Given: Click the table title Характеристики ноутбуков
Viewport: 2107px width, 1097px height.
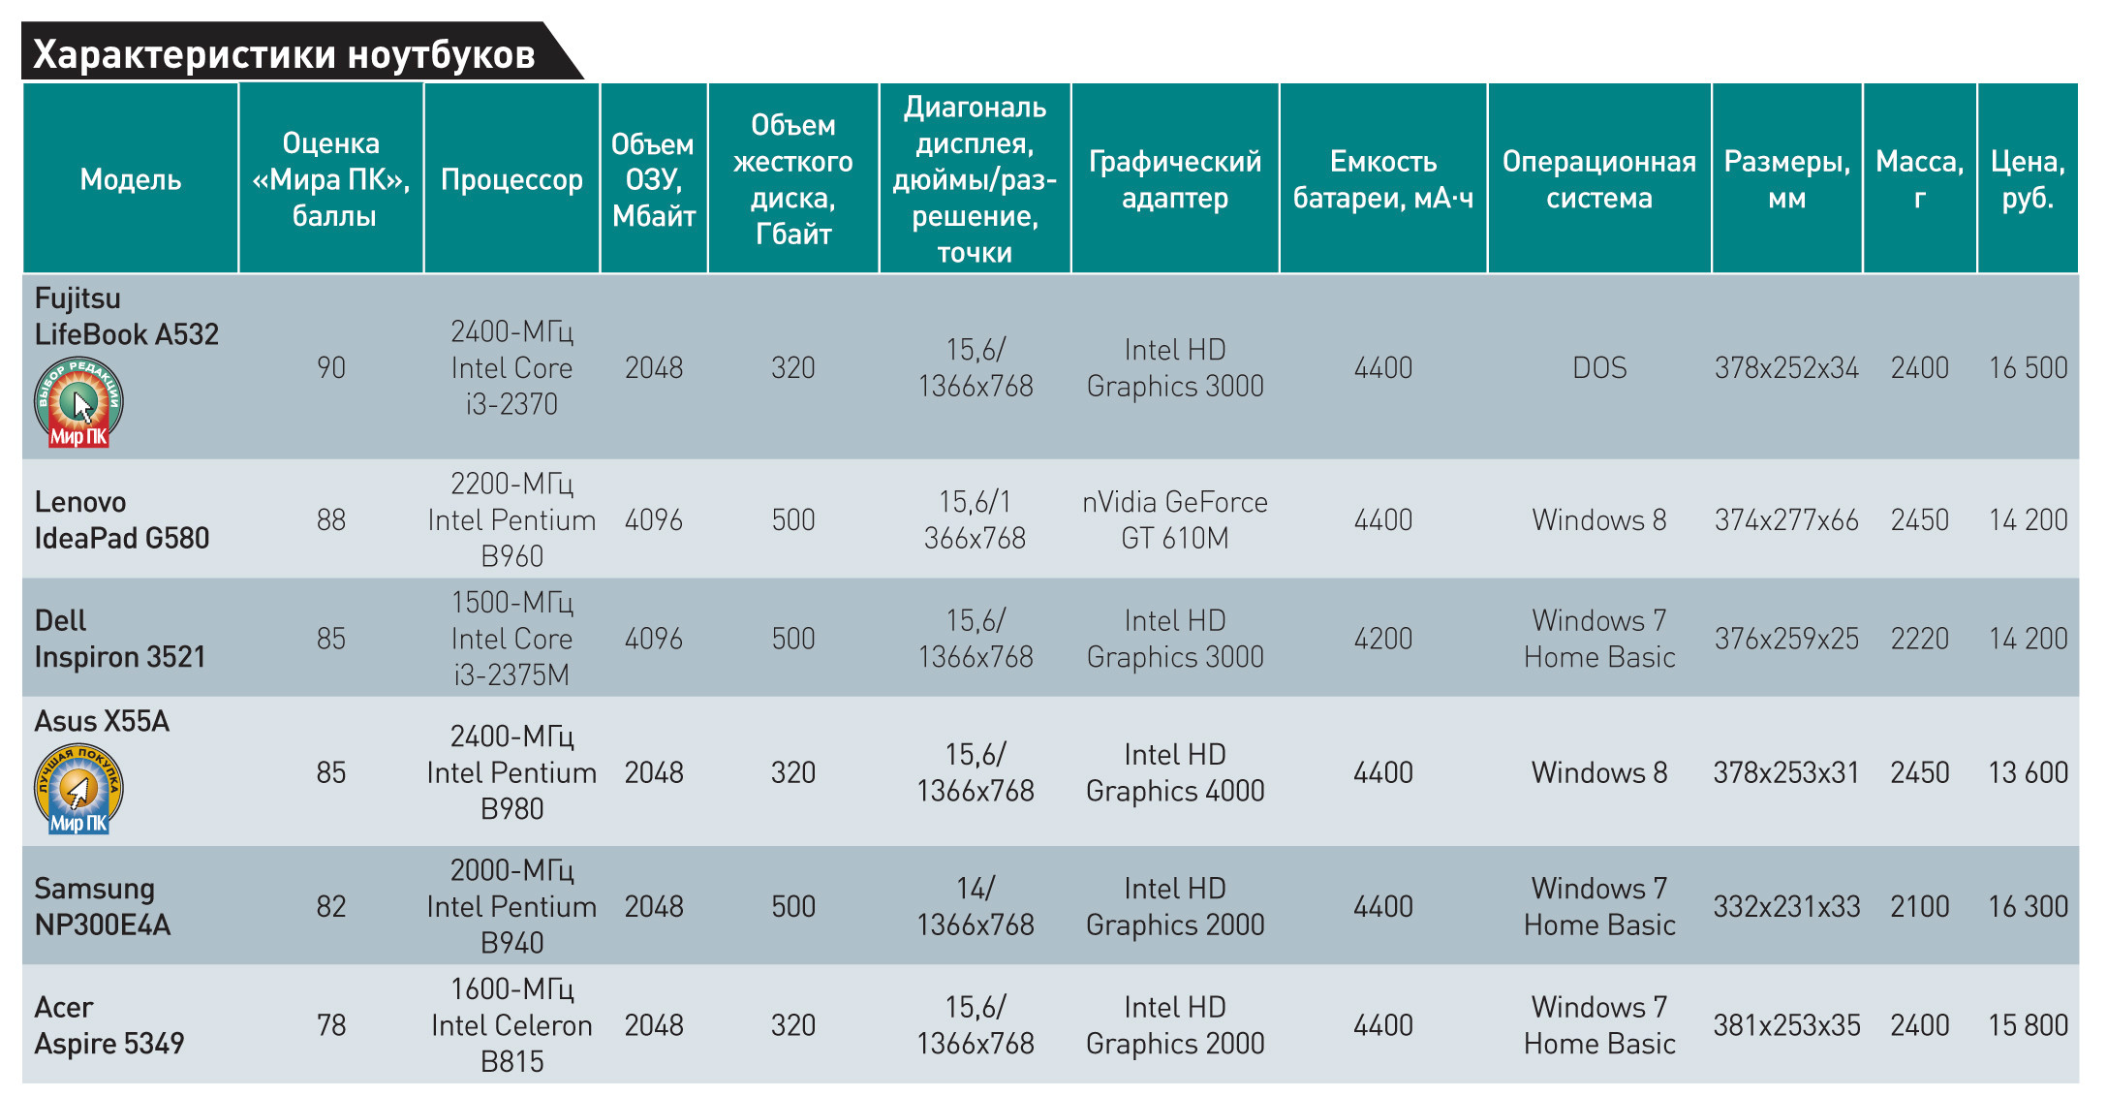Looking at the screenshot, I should [x=284, y=55].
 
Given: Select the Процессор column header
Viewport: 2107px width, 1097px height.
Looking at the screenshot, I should [x=511, y=179].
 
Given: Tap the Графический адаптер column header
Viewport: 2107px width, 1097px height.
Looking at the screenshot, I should [x=1175, y=179].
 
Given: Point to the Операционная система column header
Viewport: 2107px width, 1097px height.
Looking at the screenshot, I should [x=1598, y=179].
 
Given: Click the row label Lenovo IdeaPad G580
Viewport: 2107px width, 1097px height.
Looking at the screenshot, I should [x=121, y=519].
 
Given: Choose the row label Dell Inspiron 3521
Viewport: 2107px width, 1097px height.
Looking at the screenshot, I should [x=120, y=639].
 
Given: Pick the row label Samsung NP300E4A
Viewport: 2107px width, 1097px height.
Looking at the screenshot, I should [x=102, y=906].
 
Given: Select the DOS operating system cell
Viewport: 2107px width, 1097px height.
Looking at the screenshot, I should [x=1599, y=368].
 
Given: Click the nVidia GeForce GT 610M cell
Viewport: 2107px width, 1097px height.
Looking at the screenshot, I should [x=1175, y=519].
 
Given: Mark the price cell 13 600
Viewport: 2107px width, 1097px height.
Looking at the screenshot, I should [x=2028, y=772].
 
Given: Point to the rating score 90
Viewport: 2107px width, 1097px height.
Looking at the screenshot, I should [x=331, y=368].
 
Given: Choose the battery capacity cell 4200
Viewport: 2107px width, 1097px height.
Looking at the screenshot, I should [x=1382, y=639].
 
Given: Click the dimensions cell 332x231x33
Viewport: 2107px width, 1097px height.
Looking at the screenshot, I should [x=1786, y=906].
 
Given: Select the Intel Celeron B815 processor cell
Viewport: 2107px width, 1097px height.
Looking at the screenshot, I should [x=511, y=1025].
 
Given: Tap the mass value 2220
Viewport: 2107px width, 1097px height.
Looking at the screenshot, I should [x=1919, y=639].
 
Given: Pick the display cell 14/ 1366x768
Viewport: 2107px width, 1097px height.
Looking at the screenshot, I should [x=976, y=906].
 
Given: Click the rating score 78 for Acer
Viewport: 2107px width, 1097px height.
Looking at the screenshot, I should [x=331, y=1025].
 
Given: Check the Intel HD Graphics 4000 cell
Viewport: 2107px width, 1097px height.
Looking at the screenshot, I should [x=1175, y=772].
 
